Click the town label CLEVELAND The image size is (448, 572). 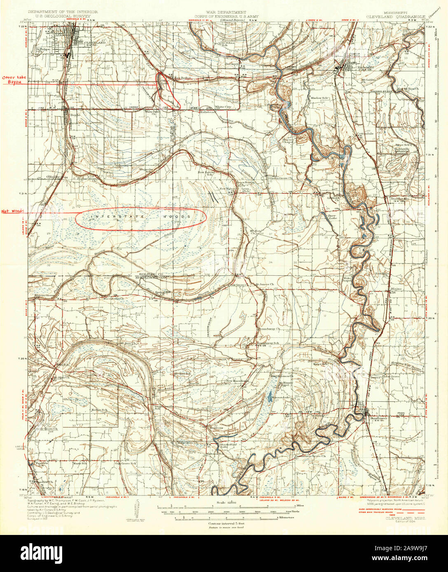point(95,42)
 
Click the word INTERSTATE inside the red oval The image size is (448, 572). point(111,216)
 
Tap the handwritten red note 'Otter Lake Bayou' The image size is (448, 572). point(14,79)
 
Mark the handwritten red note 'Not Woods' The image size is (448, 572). point(12,211)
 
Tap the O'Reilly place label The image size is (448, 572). point(54,176)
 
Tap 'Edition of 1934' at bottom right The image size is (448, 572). point(409,522)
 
